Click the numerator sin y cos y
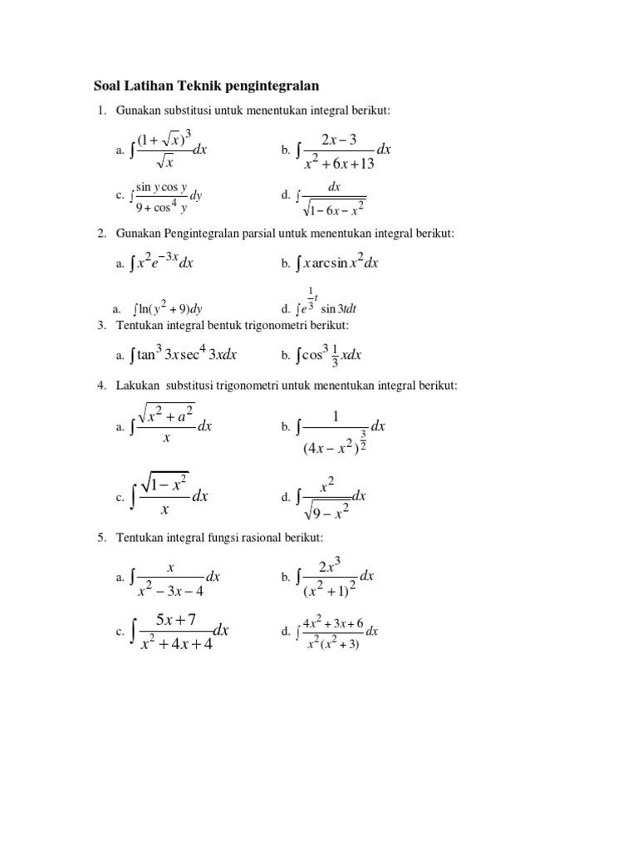click(162, 187)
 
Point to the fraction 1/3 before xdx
click(335, 356)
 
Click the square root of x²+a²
click(166, 412)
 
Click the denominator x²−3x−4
click(170, 591)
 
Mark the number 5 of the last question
click(101, 539)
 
